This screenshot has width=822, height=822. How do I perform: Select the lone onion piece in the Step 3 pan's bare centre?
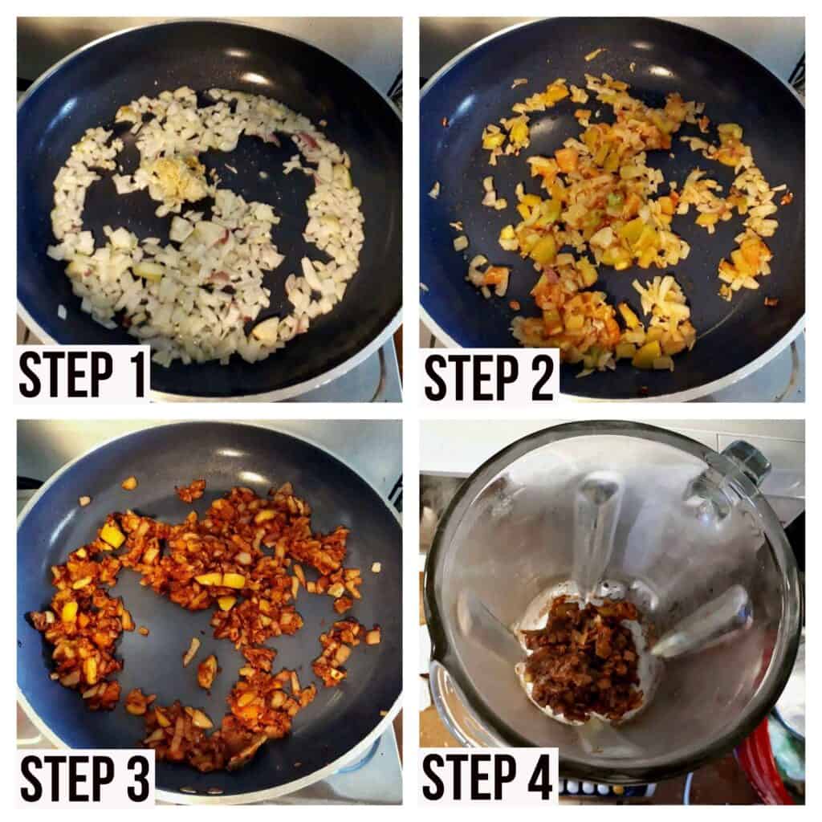(x=191, y=652)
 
